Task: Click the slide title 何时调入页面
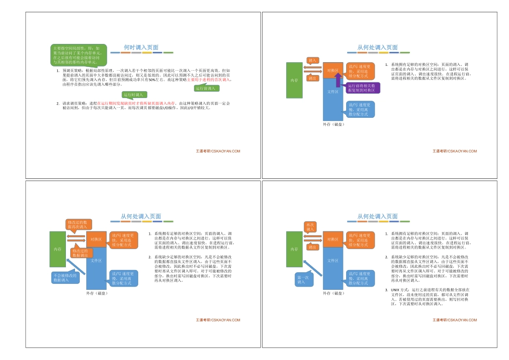click(x=141, y=47)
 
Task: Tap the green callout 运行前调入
click(x=206, y=88)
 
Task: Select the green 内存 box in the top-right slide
click(x=294, y=80)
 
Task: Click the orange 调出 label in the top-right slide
click(x=312, y=78)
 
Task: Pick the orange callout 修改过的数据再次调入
click(x=79, y=224)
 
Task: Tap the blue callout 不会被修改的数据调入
click(x=65, y=278)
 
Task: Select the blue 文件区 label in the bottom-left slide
click(x=96, y=260)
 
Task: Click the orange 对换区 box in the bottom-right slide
click(x=333, y=239)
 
